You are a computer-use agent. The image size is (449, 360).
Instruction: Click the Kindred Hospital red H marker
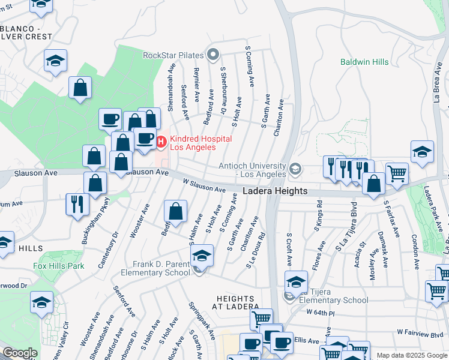(161, 142)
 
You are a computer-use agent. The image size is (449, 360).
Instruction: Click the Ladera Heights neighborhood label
(275, 191)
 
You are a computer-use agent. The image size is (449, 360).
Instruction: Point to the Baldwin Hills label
(364, 62)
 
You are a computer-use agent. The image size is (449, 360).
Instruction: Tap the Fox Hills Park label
(58, 266)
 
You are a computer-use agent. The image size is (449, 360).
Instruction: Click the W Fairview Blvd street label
(419, 332)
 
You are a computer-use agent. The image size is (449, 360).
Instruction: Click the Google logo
(20, 353)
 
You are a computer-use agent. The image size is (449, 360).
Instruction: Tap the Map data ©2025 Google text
(412, 355)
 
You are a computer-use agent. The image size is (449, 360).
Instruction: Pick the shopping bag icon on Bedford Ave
(175, 211)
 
